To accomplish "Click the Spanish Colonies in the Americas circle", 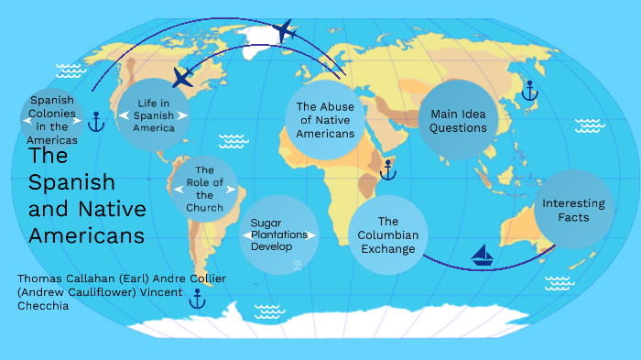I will click(x=52, y=119).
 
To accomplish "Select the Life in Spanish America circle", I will click(x=153, y=115).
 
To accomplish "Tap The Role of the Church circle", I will click(x=204, y=189).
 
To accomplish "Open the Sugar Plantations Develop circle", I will click(x=279, y=235).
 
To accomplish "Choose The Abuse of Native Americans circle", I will click(x=325, y=120).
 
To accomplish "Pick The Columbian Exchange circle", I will click(x=387, y=235).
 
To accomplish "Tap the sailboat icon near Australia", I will click(x=483, y=254).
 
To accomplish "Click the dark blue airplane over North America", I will click(x=184, y=76).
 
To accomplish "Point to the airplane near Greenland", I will click(x=284, y=31).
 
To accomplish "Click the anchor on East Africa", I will click(x=388, y=169).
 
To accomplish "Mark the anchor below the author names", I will click(x=196, y=297).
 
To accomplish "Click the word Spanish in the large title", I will click(x=71, y=181).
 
